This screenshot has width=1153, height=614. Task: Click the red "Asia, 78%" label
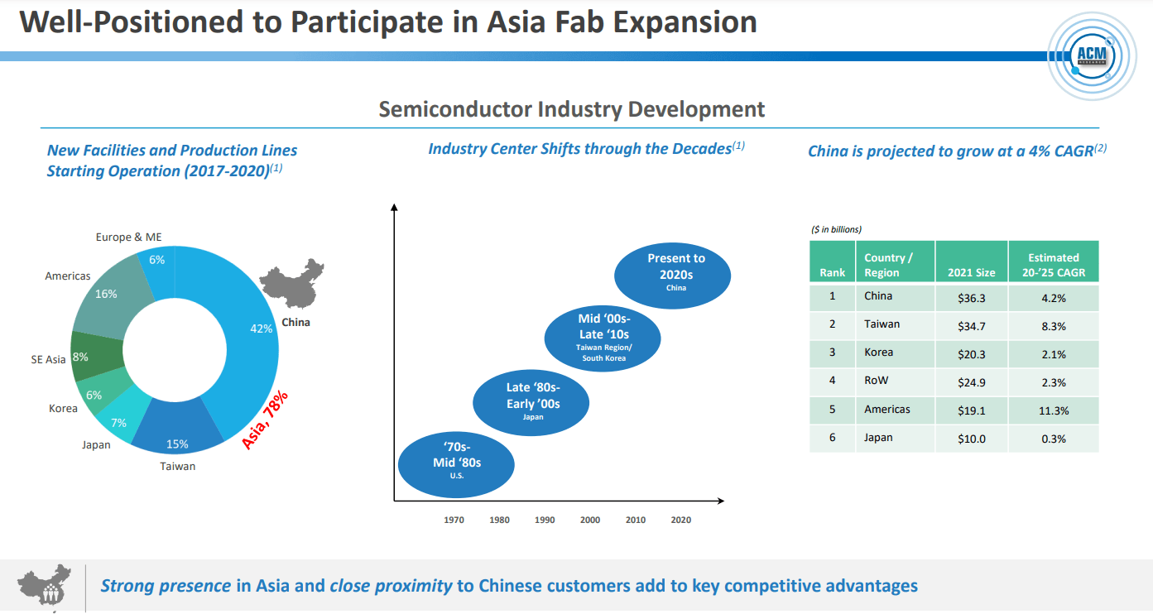coord(264,417)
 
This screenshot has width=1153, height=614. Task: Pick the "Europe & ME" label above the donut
coord(128,237)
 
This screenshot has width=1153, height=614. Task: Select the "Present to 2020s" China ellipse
coord(672,272)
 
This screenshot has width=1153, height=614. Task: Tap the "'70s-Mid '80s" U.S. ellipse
coord(456,462)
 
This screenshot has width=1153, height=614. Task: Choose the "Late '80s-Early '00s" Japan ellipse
coord(531,402)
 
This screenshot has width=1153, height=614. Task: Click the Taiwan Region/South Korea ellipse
coord(603,337)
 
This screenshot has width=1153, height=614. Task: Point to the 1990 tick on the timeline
coord(545,520)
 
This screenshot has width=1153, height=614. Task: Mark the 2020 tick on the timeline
coord(680,520)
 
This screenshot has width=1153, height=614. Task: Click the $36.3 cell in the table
coord(971,297)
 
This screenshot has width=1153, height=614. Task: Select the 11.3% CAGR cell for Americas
coord(1053,410)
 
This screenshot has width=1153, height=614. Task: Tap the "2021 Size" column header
coord(971,272)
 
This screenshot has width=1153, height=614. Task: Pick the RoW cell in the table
coord(895,381)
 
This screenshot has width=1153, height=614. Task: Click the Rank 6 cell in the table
coord(833,438)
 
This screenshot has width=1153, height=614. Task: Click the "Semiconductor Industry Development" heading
coord(571,109)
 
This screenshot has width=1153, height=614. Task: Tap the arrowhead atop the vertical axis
coord(394,207)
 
